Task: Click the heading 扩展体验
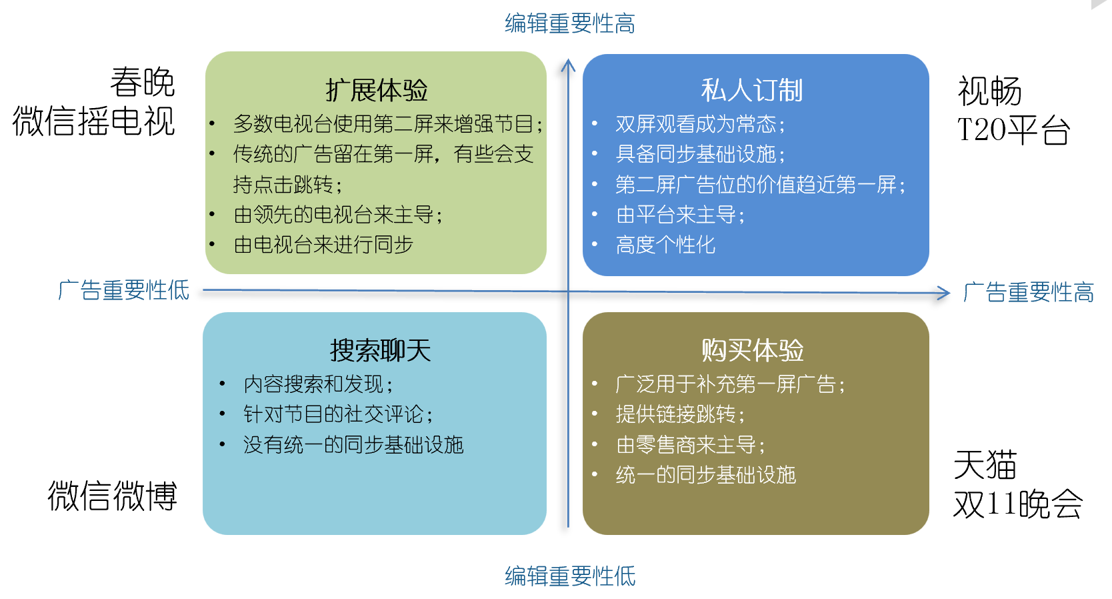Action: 376,91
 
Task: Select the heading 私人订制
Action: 751,91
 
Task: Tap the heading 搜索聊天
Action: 380,351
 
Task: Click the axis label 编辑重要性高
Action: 570,23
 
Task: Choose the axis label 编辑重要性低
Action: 570,576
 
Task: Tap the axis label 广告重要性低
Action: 123,290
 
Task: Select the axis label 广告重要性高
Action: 1028,292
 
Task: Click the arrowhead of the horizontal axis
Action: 944,293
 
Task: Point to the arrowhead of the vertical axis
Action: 568,65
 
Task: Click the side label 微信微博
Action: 112,496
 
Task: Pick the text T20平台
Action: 1013,131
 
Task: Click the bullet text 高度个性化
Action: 665,245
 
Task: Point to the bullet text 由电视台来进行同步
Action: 323,245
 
